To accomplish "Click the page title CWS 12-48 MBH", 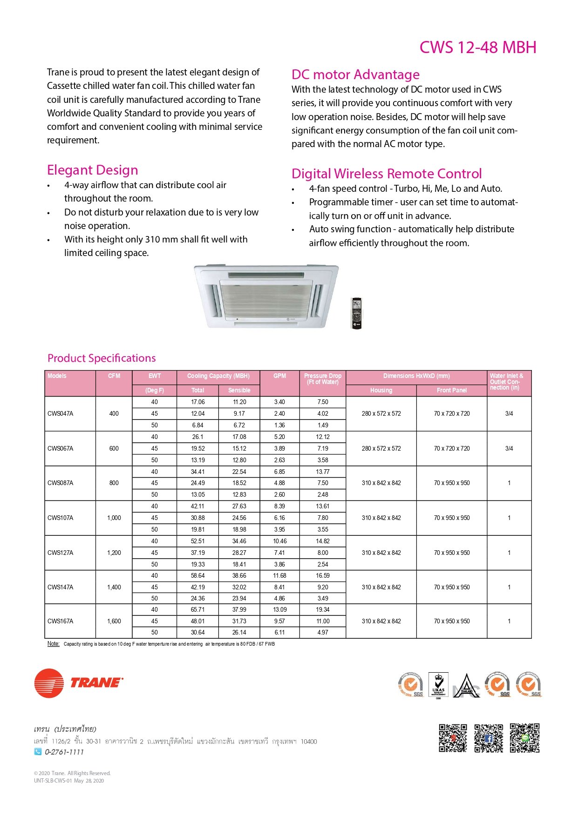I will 477,47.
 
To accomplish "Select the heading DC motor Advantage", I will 355,74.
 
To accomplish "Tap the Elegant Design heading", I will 93,170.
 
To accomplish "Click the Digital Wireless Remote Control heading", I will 387,174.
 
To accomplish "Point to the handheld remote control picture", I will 356,313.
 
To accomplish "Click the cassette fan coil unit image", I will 266,296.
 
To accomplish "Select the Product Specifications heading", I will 102,358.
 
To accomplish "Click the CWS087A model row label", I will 61,483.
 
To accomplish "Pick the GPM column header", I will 279,376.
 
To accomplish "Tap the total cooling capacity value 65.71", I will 197,610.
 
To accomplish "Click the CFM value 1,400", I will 114,587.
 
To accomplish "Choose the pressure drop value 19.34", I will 323,610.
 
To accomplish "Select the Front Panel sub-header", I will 451,391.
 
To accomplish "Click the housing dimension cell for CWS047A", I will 381,414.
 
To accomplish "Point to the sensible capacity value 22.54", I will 239,472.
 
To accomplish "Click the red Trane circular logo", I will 49,683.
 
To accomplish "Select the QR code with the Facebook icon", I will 489,738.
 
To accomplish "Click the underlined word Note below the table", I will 53,644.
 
